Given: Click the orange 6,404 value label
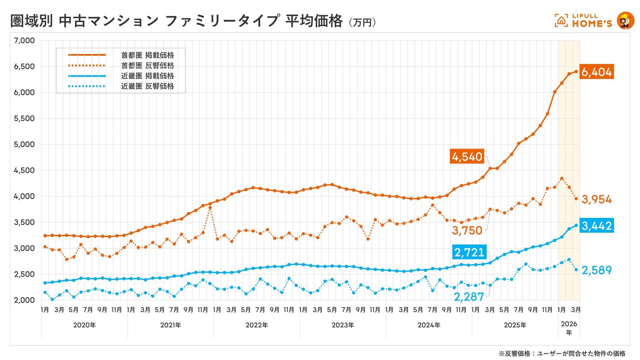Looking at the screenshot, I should (596, 72).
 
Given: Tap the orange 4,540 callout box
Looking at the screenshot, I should (467, 157).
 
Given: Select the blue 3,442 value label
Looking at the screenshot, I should (596, 225).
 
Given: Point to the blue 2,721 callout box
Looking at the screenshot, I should (469, 252).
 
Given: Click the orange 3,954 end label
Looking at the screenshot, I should (596, 199).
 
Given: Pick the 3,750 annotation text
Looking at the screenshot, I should (467, 230).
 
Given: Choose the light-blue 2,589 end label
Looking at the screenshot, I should (596, 270).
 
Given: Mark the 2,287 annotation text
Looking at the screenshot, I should (469, 297).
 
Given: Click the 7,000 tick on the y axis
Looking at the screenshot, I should (24, 41).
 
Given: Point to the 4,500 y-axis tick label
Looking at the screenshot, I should (24, 170).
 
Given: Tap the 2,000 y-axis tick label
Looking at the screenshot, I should (24, 300).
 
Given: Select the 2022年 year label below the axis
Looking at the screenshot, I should (257, 325).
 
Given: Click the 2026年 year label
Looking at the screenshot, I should (569, 328).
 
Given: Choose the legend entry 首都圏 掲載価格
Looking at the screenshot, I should (147, 55).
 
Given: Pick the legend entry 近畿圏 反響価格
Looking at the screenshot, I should (147, 86).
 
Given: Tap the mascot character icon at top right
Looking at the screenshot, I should (625, 21).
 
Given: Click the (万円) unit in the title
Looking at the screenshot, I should (362, 22).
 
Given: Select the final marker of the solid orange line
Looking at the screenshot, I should (576, 72).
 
